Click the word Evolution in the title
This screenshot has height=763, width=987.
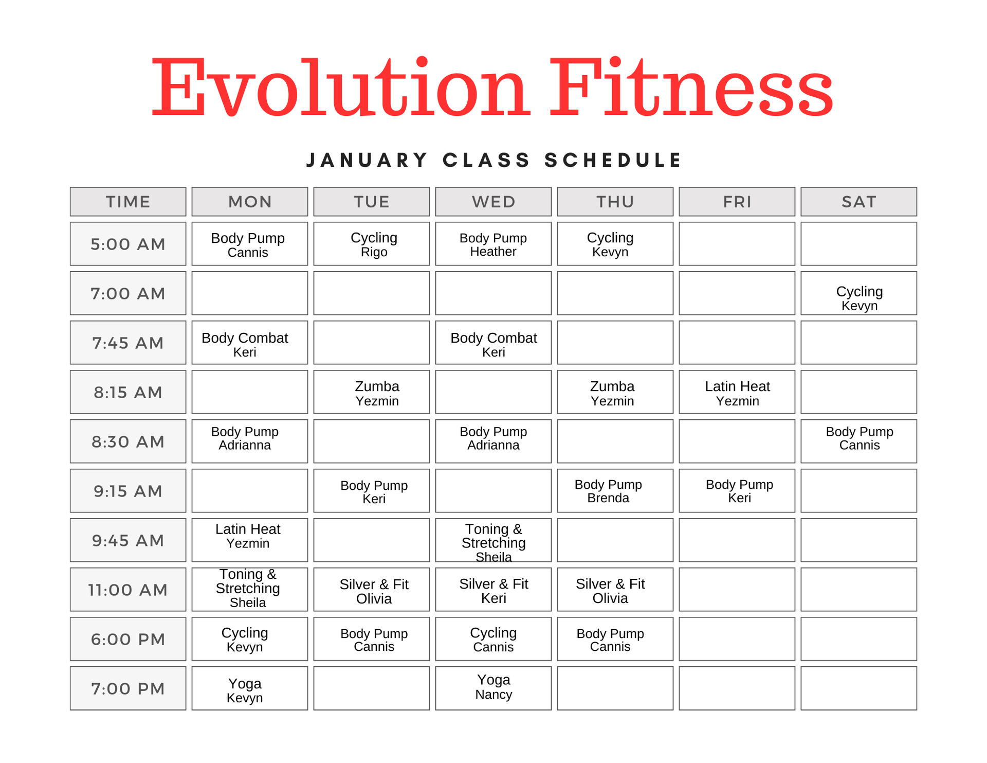pyautogui.click(x=339, y=87)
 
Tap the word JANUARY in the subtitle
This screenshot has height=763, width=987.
pyautogui.click(x=367, y=160)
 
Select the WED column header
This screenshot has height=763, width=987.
pyautogui.click(x=493, y=202)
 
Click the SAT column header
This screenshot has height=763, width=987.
pyautogui.click(x=858, y=202)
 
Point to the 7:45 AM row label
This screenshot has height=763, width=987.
pyautogui.click(x=128, y=343)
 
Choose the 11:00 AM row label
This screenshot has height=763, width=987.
pyautogui.click(x=128, y=590)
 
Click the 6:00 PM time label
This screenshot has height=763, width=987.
pyautogui.click(x=128, y=639)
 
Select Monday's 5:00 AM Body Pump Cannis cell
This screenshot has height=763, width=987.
pyautogui.click(x=249, y=244)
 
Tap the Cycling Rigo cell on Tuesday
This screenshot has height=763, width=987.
pyautogui.click(x=371, y=244)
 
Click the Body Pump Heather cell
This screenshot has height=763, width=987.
pyautogui.click(x=493, y=244)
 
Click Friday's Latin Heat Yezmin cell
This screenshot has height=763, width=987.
pyautogui.click(x=737, y=392)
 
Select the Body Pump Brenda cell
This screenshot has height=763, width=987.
pyautogui.click(x=615, y=491)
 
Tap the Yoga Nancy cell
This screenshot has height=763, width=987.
pyautogui.click(x=493, y=688)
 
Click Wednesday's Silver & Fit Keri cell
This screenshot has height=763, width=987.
pyautogui.click(x=493, y=590)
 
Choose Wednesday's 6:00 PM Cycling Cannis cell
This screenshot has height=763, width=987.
pyautogui.click(x=493, y=639)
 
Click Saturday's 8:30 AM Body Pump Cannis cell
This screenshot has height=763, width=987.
pyautogui.click(x=858, y=441)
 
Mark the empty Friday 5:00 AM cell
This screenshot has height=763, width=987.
pyautogui.click(x=737, y=244)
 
